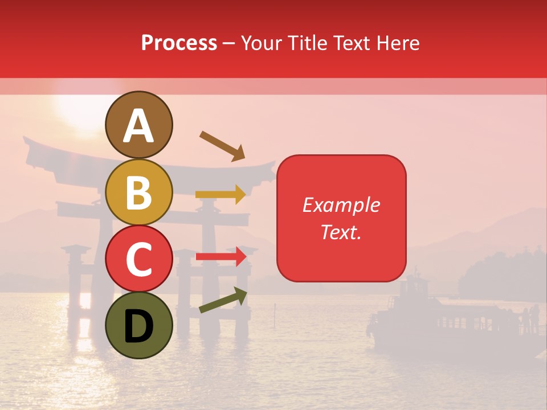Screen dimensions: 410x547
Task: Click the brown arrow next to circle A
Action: (222, 146)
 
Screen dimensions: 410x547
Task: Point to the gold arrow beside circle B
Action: (221, 195)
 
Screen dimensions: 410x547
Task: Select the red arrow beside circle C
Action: (221, 257)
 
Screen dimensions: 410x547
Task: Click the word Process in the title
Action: (179, 43)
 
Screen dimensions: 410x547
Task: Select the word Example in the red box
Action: (341, 205)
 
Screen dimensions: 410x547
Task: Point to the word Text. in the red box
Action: (341, 232)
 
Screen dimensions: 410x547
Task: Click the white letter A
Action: (139, 126)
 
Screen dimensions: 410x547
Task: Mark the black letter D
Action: (139, 327)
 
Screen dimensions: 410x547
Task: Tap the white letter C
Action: (139, 260)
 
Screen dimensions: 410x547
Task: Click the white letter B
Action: (139, 194)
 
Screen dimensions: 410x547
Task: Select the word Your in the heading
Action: (263, 43)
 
